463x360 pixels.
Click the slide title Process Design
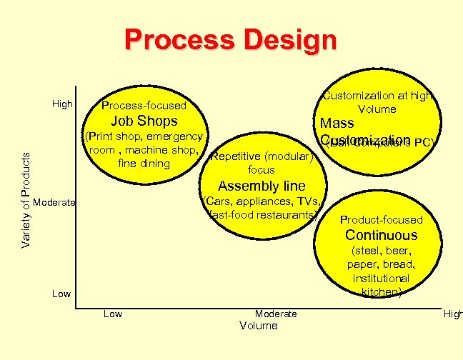click(230, 39)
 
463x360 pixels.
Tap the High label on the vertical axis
click(63, 104)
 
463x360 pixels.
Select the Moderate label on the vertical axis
click(54, 202)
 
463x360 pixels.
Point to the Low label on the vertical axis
click(61, 294)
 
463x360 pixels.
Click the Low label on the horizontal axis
click(113, 314)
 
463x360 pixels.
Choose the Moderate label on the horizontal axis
click(276, 314)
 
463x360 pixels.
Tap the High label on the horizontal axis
click(453, 314)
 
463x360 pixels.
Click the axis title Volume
click(258, 326)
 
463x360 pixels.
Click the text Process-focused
click(144, 106)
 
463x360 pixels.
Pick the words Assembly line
click(262, 186)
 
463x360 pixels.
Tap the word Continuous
click(382, 235)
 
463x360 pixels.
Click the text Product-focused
click(382, 220)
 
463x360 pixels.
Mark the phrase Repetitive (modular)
click(262, 156)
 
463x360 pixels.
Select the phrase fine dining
click(144, 164)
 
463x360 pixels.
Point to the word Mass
click(337, 124)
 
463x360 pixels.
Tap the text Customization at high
click(377, 95)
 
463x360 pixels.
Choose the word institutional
click(381, 278)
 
